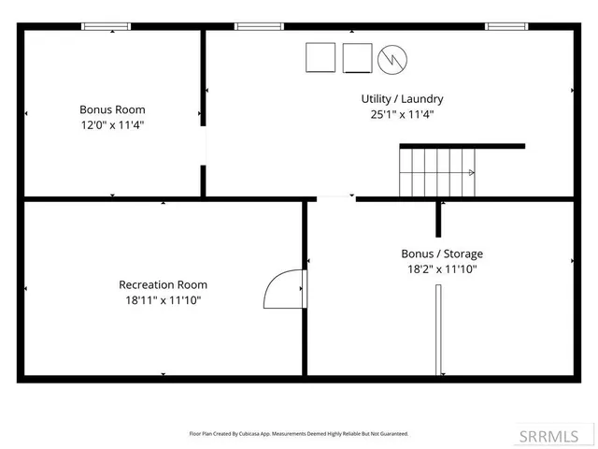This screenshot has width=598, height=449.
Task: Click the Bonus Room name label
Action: click(x=112, y=109)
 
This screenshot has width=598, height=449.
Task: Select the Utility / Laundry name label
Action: click(x=402, y=98)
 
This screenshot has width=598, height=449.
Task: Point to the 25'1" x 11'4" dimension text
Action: click(x=402, y=114)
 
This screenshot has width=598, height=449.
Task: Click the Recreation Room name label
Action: click(x=163, y=284)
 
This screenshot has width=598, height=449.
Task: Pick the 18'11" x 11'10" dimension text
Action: click(x=163, y=300)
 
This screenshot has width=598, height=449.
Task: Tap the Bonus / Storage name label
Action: click(x=442, y=253)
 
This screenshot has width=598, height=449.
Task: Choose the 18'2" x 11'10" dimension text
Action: click(x=442, y=269)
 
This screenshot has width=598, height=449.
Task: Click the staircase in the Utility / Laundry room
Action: click(x=438, y=172)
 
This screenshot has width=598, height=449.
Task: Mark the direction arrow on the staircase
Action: click(x=471, y=172)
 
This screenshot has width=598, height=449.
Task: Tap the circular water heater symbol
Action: click(x=392, y=59)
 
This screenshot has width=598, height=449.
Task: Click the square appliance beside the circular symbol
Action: click(x=357, y=58)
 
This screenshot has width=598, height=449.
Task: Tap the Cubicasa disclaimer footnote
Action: click(x=299, y=434)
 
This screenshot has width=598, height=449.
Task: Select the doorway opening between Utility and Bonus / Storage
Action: click(x=335, y=198)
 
